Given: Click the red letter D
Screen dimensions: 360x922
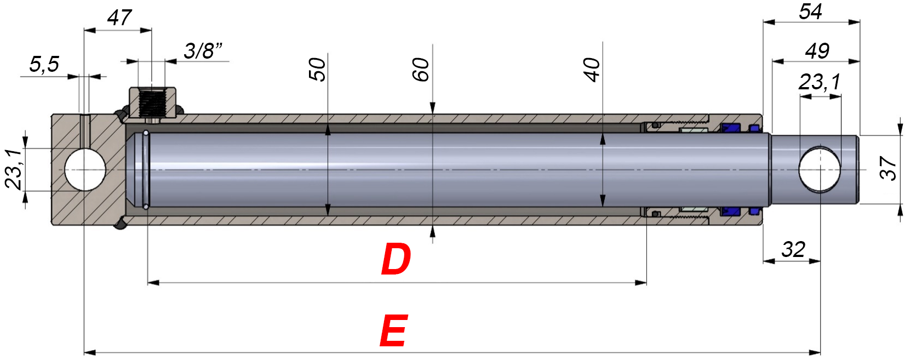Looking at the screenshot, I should (x=396, y=259).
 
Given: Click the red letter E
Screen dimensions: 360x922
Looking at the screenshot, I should (x=393, y=331).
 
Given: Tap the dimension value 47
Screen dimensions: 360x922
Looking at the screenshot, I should (x=119, y=18).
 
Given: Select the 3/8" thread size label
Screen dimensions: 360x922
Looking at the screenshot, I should (x=203, y=51).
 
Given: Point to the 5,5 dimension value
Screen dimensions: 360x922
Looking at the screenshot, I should (x=44, y=64).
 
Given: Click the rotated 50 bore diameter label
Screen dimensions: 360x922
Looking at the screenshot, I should (x=317, y=70).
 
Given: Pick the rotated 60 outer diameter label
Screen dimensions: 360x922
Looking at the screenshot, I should (x=421, y=70).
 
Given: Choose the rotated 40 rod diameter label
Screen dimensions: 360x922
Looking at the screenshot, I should (x=592, y=70).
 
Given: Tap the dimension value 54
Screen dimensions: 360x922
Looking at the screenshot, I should (x=810, y=12).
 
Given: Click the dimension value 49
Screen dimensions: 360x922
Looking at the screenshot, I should (x=817, y=51).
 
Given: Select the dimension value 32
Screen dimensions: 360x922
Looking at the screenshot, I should (x=793, y=249).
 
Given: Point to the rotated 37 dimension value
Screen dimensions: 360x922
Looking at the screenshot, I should (x=887, y=168).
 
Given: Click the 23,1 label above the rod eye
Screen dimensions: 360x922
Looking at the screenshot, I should (x=819, y=82).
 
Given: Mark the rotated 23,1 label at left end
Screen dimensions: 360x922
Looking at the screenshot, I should (x=13, y=169).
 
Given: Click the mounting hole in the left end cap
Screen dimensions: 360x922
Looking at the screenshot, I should (x=85, y=169).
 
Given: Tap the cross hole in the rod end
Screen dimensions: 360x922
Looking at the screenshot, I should (x=819, y=169).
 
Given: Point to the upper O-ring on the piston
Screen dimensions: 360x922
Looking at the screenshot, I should (x=146, y=133).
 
